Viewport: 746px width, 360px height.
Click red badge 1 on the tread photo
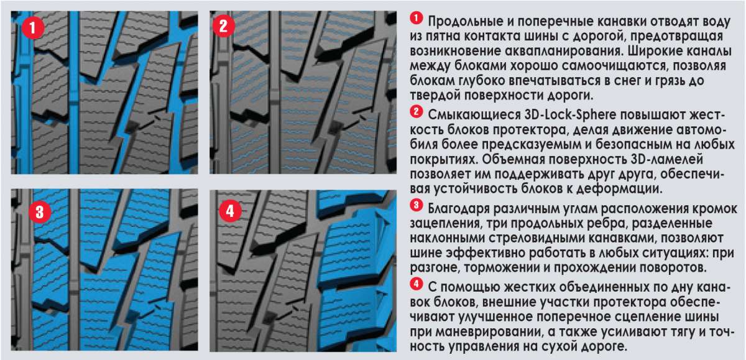click(x=33, y=27)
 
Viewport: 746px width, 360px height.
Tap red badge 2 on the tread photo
click(x=223, y=26)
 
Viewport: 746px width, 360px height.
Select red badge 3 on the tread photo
click(x=40, y=212)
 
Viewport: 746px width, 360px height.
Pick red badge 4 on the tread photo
click(x=231, y=211)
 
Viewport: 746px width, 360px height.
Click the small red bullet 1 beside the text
click(x=417, y=18)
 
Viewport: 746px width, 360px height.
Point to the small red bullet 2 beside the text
click(x=417, y=111)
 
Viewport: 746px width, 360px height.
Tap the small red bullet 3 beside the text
click(x=417, y=205)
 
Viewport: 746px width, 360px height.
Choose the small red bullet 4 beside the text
click(x=417, y=284)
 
